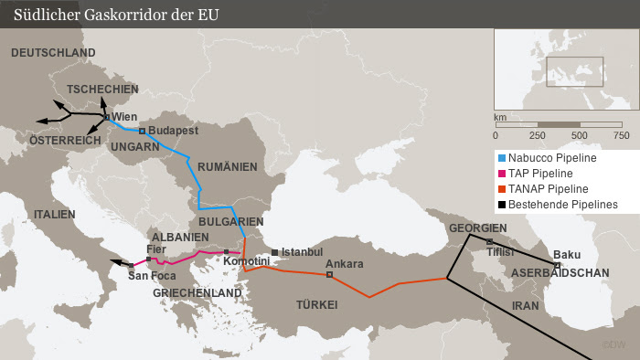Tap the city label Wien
[x=125, y=117]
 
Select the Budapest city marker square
[x=142, y=132]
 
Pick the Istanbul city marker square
[x=275, y=251]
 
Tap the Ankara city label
[x=345, y=264]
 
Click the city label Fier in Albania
[x=156, y=249]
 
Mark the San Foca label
[x=151, y=275]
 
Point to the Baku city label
[x=567, y=255]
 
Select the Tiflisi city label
[x=501, y=250]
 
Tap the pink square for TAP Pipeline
[x=501, y=174]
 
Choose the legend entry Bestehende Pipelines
[x=562, y=204]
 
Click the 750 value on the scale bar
[x=621, y=135]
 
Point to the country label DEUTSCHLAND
[x=53, y=54]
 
